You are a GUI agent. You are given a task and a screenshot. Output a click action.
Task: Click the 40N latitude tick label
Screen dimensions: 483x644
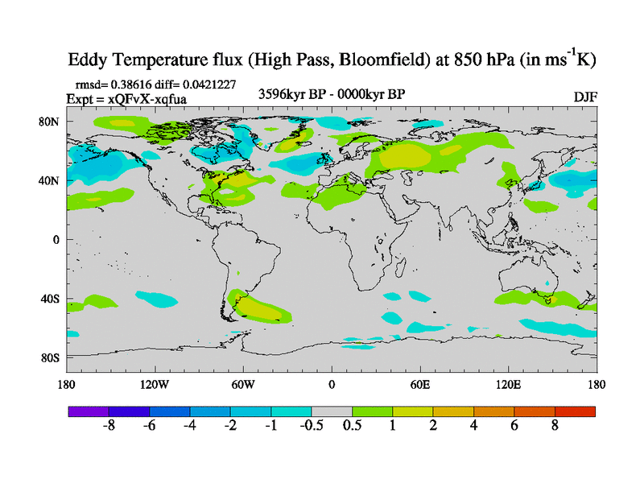pyautogui.click(x=52, y=180)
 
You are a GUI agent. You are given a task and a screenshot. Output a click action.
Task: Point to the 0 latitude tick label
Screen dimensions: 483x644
pyautogui.click(x=57, y=239)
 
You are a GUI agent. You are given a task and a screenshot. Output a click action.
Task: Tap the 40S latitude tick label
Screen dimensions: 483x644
pyautogui.click(x=52, y=299)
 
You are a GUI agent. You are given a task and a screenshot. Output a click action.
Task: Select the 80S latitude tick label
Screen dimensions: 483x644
pyautogui.click(x=52, y=357)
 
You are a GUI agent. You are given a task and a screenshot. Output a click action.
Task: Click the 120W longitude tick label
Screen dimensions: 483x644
pyautogui.click(x=155, y=384)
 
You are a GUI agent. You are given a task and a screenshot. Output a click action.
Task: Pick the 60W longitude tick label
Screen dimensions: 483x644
pyautogui.click(x=243, y=384)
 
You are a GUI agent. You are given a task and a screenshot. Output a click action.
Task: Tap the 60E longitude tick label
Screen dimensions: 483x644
pyautogui.click(x=420, y=384)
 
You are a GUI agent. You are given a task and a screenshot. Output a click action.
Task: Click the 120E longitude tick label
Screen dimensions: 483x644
pyautogui.click(x=508, y=384)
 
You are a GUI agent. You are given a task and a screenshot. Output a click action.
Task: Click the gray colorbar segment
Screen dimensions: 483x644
pyautogui.click(x=332, y=411)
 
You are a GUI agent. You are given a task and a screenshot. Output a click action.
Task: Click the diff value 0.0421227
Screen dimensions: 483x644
pyautogui.click(x=208, y=84)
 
